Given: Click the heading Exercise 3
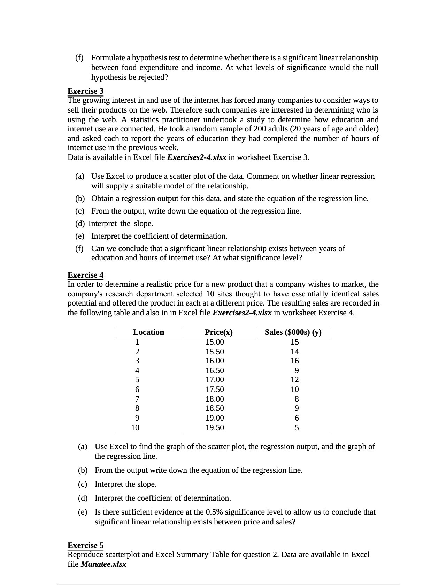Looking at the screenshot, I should pos(85,91).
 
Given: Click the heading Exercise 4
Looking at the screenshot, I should pos(85,275).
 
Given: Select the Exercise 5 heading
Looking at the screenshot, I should pos(85,545).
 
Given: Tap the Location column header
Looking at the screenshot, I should pos(148,332).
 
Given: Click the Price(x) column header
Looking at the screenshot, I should pos(219,332).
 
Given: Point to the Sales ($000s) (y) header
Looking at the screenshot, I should pos(293,332).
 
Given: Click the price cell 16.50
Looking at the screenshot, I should pos(215,370).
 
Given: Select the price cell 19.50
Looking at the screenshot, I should pos(215,427).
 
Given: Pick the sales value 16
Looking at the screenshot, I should pos(295,361).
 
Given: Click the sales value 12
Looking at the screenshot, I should pos(295,379).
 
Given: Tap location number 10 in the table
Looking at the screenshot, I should pos(135,427).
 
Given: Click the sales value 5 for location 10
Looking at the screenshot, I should pos(297,427).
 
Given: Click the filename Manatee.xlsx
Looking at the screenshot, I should pos(103,564).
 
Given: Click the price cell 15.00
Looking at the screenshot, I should pos(215,342).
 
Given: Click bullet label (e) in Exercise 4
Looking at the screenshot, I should pos(83,512).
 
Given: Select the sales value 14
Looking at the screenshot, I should pos(295,352).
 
